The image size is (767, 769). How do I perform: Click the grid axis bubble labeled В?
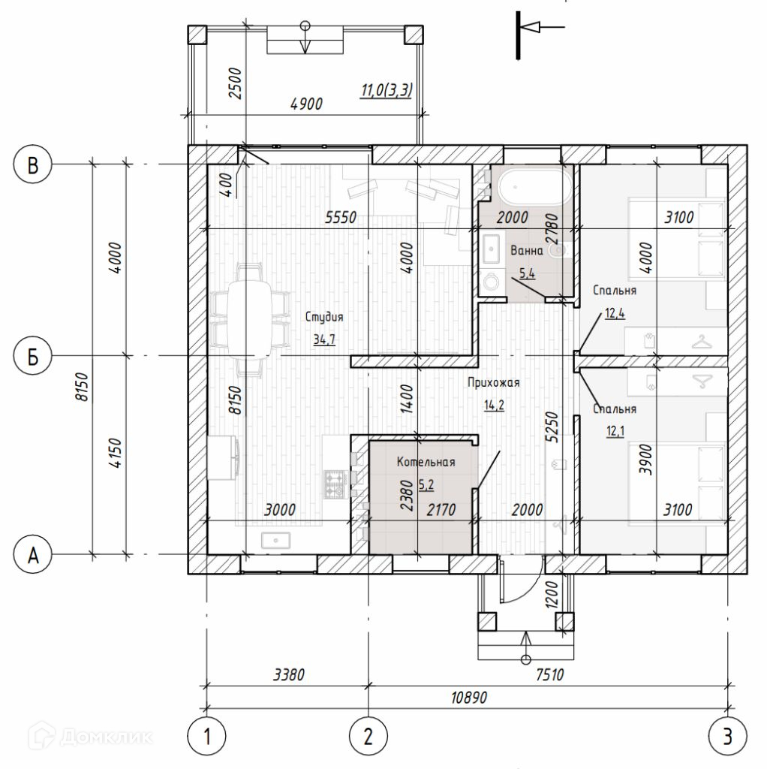tap(32, 164)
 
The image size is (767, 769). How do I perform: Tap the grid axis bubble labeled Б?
tap(32, 356)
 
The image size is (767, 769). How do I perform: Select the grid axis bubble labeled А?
tap(32, 555)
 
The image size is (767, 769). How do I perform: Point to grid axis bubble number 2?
tap(368, 736)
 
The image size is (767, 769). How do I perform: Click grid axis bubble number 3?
tap(728, 736)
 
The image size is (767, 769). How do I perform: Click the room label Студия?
tap(324, 317)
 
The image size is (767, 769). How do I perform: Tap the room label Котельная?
tap(426, 462)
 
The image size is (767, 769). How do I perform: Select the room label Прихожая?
tap(494, 382)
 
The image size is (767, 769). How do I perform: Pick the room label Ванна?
tap(527, 251)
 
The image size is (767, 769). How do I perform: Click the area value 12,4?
tap(615, 313)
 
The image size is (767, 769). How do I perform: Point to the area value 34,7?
tap(324, 339)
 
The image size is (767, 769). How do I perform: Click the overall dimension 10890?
tap(469, 698)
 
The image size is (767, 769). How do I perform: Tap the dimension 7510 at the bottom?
tap(550, 675)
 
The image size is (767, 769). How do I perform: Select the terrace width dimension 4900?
tap(306, 104)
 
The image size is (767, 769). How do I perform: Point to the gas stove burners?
tap(335, 484)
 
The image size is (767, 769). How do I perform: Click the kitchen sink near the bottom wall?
tap(276, 541)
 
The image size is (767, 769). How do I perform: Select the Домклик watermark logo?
tap(91, 736)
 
